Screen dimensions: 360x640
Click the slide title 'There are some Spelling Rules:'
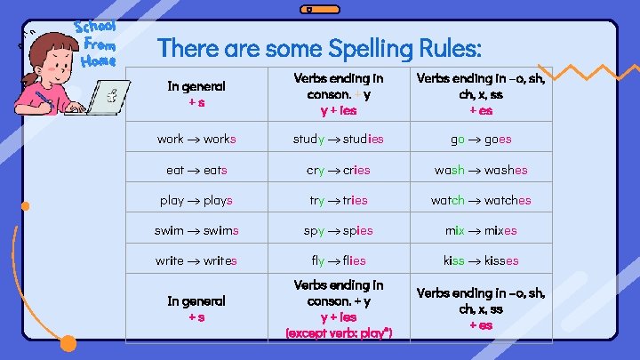pyautogui.click(x=320, y=47)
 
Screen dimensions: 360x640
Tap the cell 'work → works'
pyautogui.click(x=196, y=139)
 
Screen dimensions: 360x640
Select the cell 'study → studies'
pyautogui.click(x=339, y=139)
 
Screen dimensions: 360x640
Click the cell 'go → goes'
pyautogui.click(x=481, y=139)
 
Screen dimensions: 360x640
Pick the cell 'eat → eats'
pyautogui.click(x=196, y=170)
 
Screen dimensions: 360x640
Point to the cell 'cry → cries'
pyautogui.click(x=339, y=170)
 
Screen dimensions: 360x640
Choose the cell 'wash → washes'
pyautogui.click(x=481, y=170)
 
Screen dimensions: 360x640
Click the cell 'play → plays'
pyautogui.click(x=196, y=200)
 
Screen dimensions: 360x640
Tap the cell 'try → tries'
pyautogui.click(x=339, y=200)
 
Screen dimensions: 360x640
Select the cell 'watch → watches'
pyautogui.click(x=481, y=200)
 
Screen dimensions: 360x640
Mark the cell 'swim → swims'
pyautogui.click(x=196, y=230)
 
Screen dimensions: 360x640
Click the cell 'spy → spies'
pyautogui.click(x=339, y=230)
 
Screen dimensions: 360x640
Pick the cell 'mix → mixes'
pyautogui.click(x=481, y=230)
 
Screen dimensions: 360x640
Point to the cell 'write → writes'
pyautogui.click(x=196, y=260)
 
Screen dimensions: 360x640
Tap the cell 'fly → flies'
pyautogui.click(x=339, y=260)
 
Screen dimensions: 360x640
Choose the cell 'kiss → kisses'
pyautogui.click(x=481, y=260)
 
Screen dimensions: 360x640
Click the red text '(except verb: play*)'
pyautogui.click(x=339, y=332)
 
